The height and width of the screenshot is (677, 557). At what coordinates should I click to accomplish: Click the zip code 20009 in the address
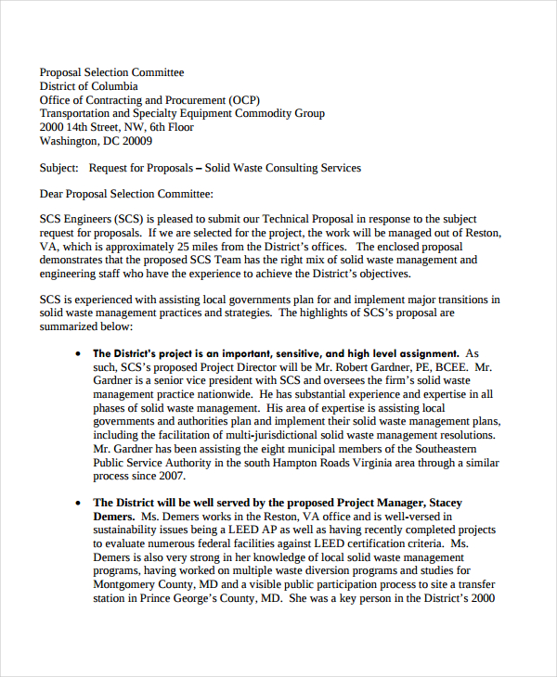pyautogui.click(x=136, y=141)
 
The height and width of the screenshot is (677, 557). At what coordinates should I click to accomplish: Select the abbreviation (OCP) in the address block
pyautogui.click(x=242, y=99)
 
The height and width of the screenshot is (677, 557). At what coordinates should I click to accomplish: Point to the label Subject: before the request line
pyautogui.click(x=59, y=168)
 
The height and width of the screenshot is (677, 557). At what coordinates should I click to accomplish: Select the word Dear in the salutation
pyautogui.click(x=53, y=194)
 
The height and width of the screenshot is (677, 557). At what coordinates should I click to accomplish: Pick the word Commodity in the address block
pyautogui.click(x=266, y=113)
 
